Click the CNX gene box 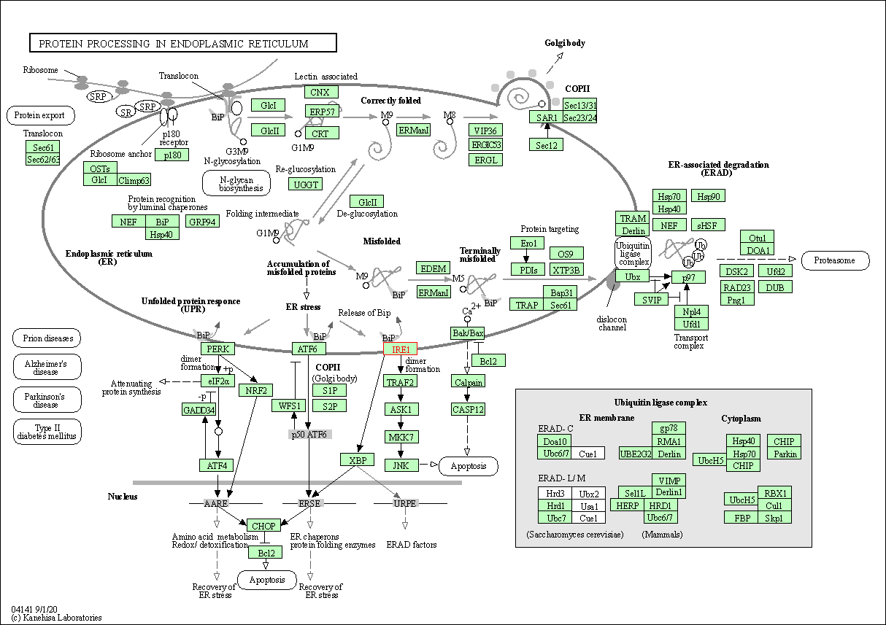[320, 92]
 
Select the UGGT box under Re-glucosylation [306, 185]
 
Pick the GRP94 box [202, 222]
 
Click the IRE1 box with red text [401, 349]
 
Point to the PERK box [218, 349]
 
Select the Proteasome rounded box [835, 260]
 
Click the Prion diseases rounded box [47, 338]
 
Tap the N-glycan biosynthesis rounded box [236, 183]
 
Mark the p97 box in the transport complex [689, 278]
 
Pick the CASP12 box [468, 409]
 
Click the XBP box [357, 459]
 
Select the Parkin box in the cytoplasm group [785, 454]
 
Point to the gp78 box [669, 428]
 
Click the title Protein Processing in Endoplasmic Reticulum [182, 44]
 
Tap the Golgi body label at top [565, 43]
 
